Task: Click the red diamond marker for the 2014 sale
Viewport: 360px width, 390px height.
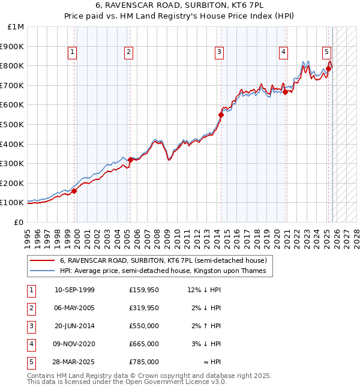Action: (x=221, y=114)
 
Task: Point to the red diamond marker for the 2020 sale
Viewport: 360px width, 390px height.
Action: (x=285, y=92)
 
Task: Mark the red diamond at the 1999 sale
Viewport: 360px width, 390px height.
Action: (x=74, y=191)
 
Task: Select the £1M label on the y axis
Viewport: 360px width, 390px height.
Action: (x=16, y=27)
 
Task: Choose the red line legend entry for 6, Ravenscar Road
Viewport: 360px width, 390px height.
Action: (x=158, y=260)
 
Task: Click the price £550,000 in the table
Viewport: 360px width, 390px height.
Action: (x=143, y=326)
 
